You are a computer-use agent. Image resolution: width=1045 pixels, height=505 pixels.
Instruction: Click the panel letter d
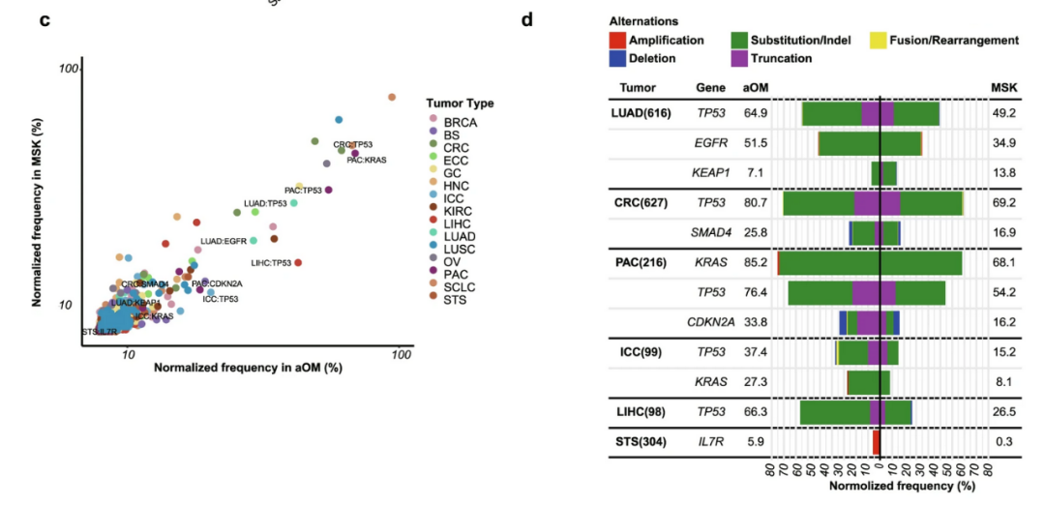[x=527, y=19]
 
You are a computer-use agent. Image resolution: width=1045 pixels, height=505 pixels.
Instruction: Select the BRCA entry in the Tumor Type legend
[x=462, y=123]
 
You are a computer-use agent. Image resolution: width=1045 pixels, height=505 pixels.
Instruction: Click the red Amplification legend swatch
[x=616, y=41]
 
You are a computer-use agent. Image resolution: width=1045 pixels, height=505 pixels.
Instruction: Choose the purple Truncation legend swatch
[x=739, y=59]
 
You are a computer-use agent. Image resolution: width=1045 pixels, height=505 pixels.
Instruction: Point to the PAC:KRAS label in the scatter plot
[x=367, y=160]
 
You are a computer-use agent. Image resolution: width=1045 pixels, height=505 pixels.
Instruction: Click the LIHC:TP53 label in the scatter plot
[x=271, y=263]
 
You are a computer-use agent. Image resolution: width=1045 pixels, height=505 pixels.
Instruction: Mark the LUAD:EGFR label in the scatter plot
[x=224, y=241]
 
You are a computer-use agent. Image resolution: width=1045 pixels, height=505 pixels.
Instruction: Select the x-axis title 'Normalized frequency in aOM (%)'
[x=249, y=369]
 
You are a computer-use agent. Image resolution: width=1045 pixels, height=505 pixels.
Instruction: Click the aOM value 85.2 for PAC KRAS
[x=756, y=261]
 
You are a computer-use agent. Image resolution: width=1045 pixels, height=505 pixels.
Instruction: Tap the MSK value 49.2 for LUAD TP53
[x=1003, y=113]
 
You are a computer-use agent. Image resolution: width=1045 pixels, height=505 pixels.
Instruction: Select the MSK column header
[x=1003, y=87]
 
